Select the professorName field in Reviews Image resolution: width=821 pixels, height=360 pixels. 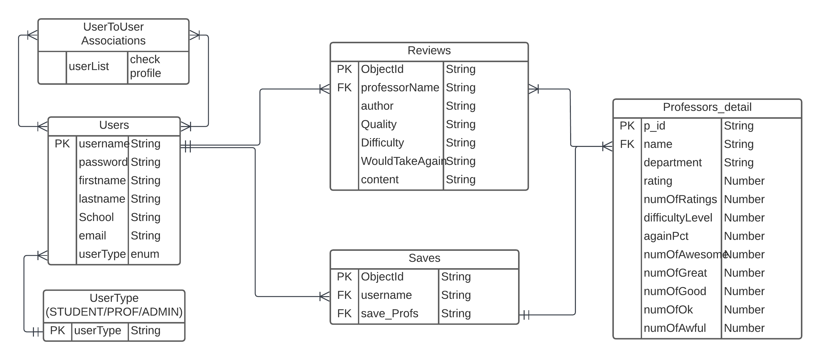coord(400,87)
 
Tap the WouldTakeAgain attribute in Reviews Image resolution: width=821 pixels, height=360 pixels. coord(402,161)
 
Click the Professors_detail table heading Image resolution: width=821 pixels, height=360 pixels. coord(707,107)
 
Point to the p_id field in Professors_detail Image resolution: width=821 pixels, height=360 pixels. coord(654,126)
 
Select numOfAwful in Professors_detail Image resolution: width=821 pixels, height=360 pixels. coord(674,328)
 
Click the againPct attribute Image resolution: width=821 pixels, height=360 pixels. coord(666,236)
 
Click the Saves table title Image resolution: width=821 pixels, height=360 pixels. coord(424,258)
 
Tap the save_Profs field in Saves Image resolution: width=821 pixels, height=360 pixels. coord(389,313)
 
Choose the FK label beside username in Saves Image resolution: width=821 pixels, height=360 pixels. coord(344,295)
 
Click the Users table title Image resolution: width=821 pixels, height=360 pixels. coord(114,125)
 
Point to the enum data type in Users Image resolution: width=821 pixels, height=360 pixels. coord(145,254)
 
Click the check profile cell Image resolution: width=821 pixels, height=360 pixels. coord(145,66)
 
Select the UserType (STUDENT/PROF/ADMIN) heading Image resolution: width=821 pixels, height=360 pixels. coord(114,305)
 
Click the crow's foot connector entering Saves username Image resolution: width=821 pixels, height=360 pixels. coord(324,297)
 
